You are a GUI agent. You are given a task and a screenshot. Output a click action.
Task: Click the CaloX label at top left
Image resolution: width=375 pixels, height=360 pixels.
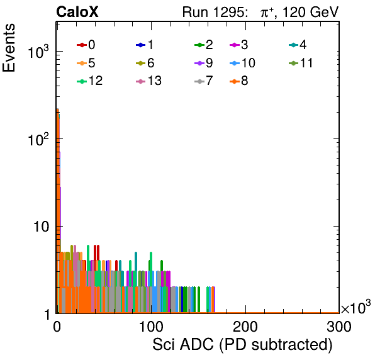[77, 12]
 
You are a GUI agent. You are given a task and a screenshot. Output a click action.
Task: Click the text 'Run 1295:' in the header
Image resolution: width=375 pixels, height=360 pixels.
[214, 12]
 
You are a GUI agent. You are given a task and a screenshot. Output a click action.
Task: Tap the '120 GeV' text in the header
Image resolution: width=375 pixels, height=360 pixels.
[310, 12]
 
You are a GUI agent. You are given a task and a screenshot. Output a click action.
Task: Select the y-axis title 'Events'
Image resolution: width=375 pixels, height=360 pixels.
[9, 48]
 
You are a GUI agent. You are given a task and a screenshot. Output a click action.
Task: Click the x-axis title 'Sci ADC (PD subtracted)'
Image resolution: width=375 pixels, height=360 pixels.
[242, 345]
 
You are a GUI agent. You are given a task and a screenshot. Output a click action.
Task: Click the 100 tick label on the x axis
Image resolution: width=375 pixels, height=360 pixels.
[151, 327]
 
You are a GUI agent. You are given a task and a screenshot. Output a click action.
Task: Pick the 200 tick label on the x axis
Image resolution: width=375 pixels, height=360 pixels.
[245, 327]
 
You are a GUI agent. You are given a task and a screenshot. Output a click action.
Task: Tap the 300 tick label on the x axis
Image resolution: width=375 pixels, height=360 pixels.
[339, 327]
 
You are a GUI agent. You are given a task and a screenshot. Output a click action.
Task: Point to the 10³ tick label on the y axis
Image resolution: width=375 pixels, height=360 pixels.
[38, 52]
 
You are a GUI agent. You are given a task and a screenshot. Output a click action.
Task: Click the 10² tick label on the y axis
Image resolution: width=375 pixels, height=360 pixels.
[38, 140]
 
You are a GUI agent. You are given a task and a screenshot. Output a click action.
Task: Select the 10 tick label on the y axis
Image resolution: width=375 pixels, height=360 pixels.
[42, 227]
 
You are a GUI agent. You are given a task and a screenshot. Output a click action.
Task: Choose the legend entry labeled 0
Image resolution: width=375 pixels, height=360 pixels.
[86, 45]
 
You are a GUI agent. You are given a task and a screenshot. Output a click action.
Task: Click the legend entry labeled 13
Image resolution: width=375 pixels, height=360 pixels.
[148, 81]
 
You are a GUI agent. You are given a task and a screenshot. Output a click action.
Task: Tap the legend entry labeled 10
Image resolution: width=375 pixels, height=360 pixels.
[242, 63]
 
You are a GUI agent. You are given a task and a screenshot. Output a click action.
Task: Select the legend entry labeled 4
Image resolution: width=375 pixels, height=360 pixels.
[298, 45]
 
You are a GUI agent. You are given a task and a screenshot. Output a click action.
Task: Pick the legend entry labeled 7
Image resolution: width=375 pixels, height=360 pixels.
[204, 81]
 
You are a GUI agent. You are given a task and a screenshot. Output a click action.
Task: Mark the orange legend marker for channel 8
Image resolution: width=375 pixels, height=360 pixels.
[235, 81]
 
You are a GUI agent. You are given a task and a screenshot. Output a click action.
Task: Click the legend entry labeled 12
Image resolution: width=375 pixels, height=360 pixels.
[90, 81]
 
